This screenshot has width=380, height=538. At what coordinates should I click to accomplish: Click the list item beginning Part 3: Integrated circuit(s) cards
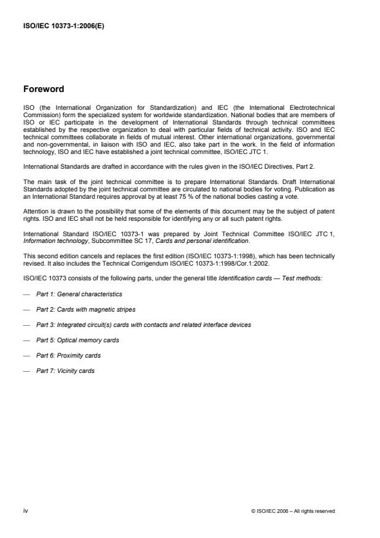tap(152, 325)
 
